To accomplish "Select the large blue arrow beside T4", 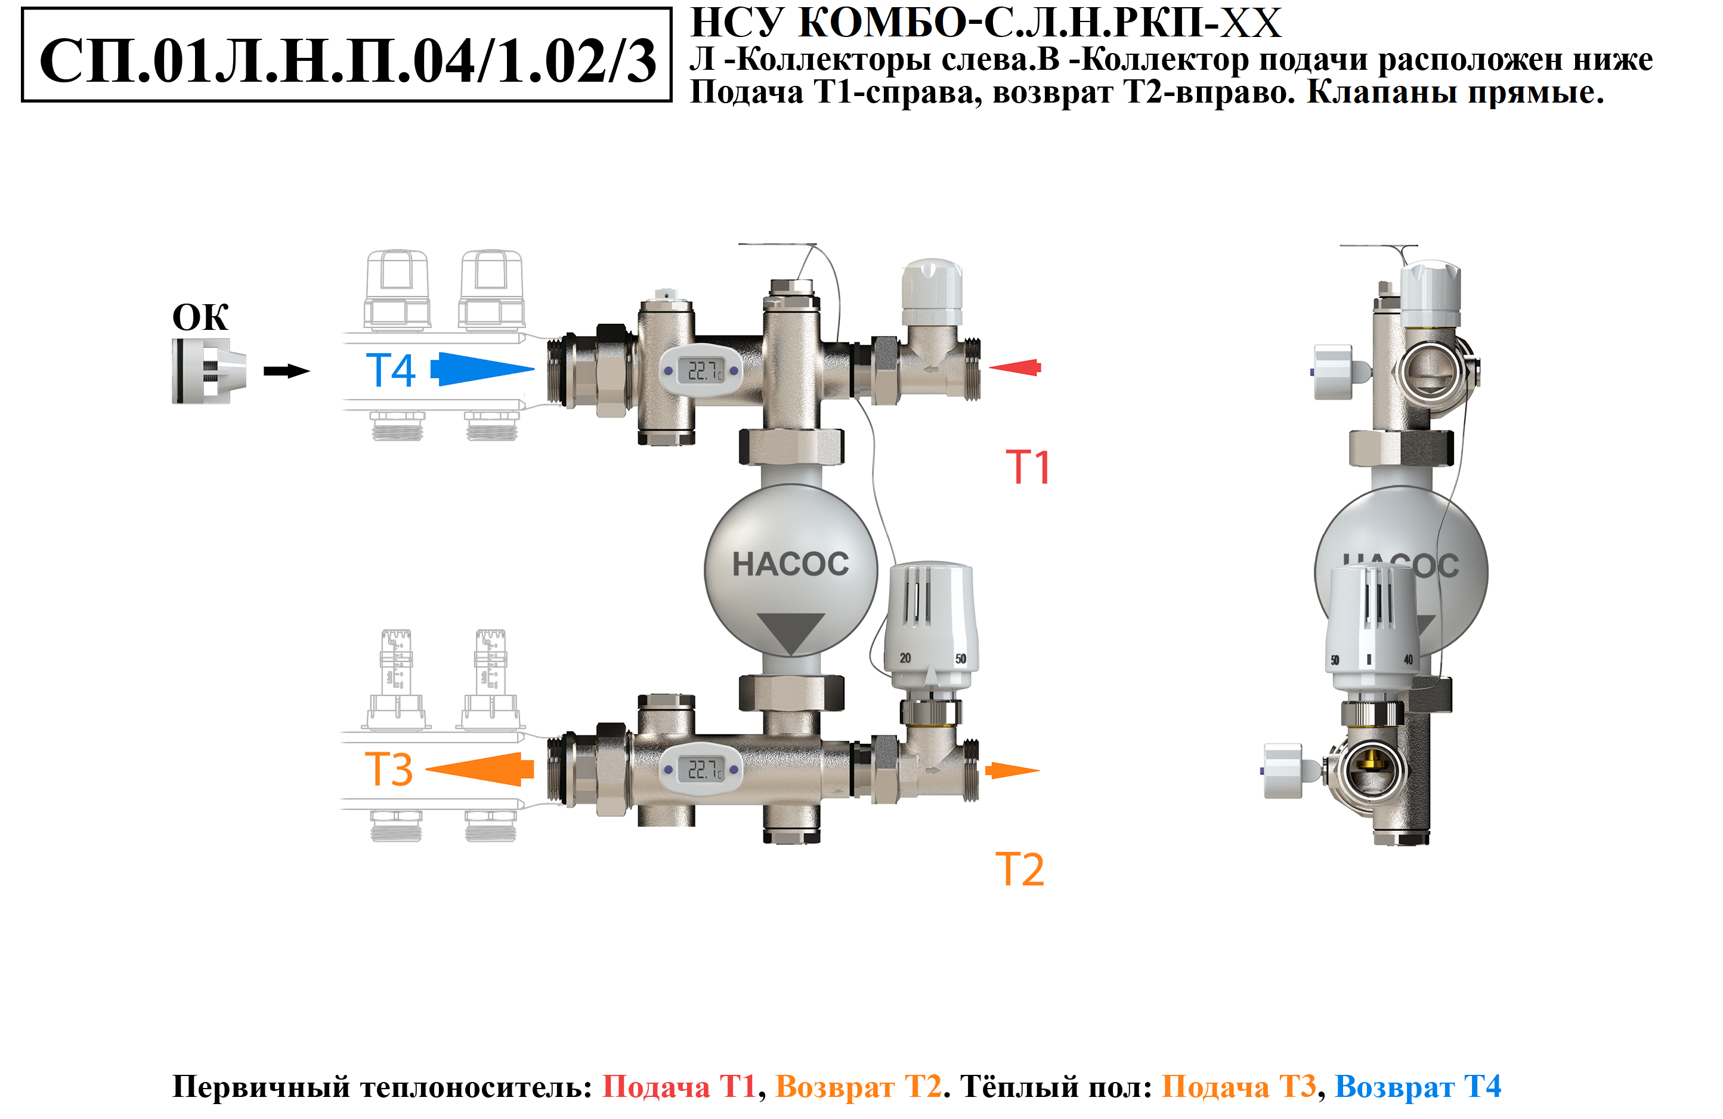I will (x=482, y=369).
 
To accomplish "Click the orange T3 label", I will (x=389, y=769).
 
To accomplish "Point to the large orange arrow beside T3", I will (x=481, y=769).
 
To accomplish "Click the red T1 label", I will (x=1028, y=467).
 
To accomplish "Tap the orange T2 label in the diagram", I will (x=1020, y=869).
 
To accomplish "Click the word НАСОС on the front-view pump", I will (x=791, y=564).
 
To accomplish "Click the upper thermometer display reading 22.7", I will (x=701, y=371).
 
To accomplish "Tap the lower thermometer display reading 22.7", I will (x=701, y=769).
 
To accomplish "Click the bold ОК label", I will (x=200, y=317).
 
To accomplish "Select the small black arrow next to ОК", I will (x=286, y=372).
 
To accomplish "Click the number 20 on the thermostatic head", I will (x=905, y=658).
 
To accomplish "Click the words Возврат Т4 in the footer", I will (x=1418, y=1086).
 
